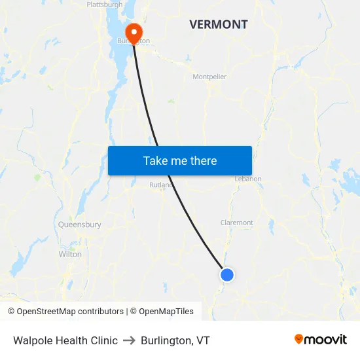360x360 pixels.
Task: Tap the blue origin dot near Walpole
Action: pyautogui.click(x=227, y=275)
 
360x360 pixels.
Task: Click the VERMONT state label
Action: pyautogui.click(x=219, y=25)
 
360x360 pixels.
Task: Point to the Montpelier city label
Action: pyautogui.click(x=209, y=77)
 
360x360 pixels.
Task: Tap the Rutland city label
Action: pyautogui.click(x=160, y=185)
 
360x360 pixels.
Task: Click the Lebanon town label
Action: pyautogui.click(x=248, y=179)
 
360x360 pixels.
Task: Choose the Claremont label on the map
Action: pyautogui.click(x=237, y=223)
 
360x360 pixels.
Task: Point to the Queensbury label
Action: pyautogui.click(x=80, y=225)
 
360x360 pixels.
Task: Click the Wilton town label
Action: pyautogui.click(x=70, y=254)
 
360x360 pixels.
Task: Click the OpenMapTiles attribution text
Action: pyautogui.click(x=164, y=312)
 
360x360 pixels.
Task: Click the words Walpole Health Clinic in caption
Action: pyautogui.click(x=65, y=340)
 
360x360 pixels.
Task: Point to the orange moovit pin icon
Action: pyautogui.click(x=299, y=339)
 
